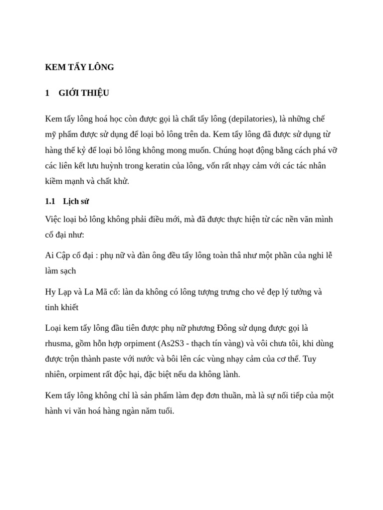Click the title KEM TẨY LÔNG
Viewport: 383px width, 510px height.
click(x=79, y=67)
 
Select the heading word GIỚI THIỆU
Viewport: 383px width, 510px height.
click(x=84, y=93)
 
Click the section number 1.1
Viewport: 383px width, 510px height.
click(x=50, y=202)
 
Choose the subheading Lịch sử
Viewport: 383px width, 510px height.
click(x=76, y=202)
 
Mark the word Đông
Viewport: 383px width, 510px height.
click(x=228, y=328)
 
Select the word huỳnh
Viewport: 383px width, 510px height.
click(x=128, y=166)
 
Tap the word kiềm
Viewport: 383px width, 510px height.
click(x=54, y=181)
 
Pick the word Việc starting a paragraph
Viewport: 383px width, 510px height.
click(x=53, y=220)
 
